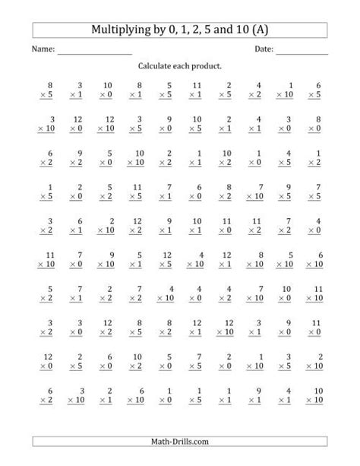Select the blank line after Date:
point(302,52)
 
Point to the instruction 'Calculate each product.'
point(180,67)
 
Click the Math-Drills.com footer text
point(180,442)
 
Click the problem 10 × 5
point(197,125)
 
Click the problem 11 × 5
point(137,192)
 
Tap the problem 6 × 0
point(197,192)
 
